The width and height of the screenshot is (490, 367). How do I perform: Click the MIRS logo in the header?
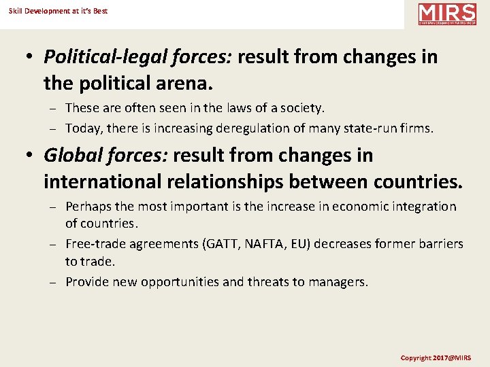click(x=447, y=14)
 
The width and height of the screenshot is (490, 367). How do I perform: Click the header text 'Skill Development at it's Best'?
click(x=58, y=11)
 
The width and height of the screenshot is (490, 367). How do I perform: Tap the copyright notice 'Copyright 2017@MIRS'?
click(x=435, y=357)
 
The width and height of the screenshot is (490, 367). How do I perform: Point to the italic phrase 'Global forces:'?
click(x=105, y=156)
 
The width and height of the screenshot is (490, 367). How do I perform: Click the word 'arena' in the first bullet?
click(x=184, y=83)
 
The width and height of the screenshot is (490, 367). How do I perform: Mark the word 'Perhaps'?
click(x=88, y=207)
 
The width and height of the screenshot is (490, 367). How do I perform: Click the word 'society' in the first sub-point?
click(x=301, y=107)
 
